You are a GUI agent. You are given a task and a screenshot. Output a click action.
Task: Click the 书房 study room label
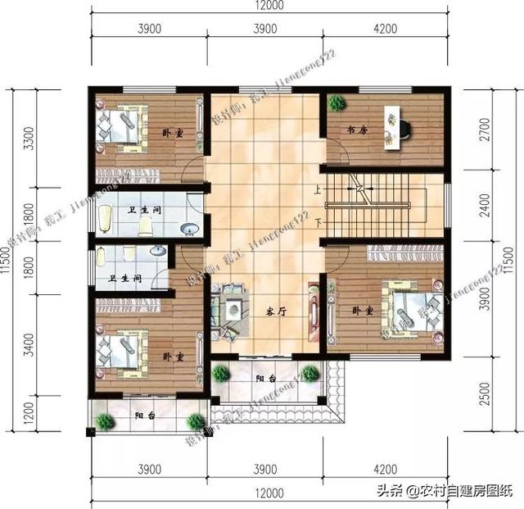pos(354,130)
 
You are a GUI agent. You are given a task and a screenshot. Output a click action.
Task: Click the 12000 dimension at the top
pos(267,7)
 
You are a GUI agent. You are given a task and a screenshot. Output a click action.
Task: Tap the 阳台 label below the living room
pos(264,379)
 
